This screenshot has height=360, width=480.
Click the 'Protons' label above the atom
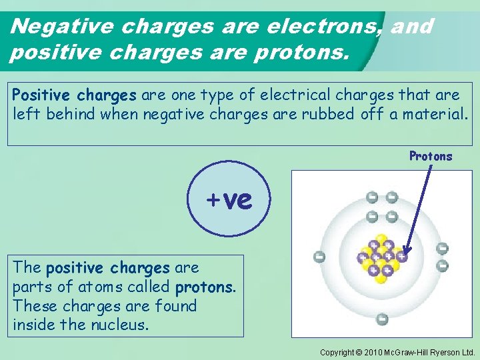pos(431,157)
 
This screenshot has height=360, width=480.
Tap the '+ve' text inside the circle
pos(229,199)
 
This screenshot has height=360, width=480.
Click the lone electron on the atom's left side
pos(319,257)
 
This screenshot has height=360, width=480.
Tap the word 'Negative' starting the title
pos(55,27)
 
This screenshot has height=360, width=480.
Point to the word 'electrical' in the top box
pos(303,94)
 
